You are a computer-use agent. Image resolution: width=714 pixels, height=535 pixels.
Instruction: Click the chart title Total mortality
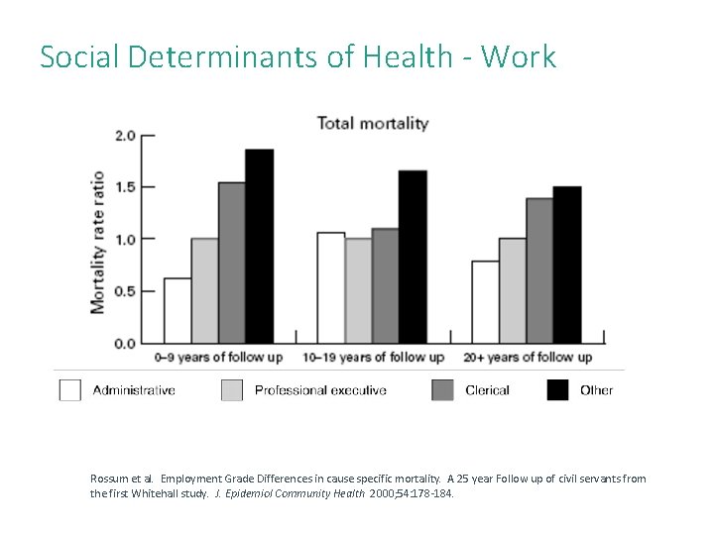click(x=372, y=124)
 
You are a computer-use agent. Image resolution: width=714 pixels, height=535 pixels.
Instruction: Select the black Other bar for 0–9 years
click(x=259, y=247)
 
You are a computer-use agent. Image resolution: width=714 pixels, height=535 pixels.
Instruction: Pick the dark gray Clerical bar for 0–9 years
click(x=232, y=263)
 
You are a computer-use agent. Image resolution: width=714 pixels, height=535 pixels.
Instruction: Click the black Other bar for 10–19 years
click(x=413, y=257)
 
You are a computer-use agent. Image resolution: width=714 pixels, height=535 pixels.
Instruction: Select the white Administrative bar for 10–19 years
click(x=331, y=287)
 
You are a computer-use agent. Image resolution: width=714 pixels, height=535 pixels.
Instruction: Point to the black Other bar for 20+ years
click(x=567, y=265)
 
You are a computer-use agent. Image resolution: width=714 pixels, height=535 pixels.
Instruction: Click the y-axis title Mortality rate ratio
click(x=98, y=243)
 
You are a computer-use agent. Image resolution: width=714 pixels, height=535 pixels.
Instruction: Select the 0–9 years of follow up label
click(x=218, y=357)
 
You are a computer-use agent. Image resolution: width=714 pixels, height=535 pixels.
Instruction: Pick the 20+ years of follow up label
click(x=528, y=357)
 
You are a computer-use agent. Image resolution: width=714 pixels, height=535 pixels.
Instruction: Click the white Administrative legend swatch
click(x=70, y=390)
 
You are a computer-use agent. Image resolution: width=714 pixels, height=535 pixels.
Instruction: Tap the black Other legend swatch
click(x=558, y=390)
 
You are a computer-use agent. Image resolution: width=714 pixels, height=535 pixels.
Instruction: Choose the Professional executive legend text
click(x=320, y=390)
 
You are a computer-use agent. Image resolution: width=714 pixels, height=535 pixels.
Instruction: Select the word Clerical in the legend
click(x=487, y=390)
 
